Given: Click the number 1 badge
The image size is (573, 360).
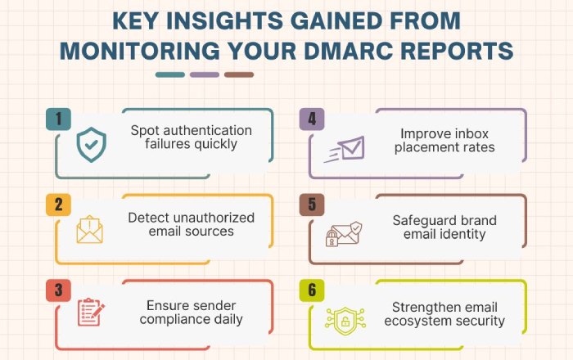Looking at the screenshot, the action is pos(58,119).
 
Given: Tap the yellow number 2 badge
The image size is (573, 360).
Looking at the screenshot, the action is pos(58,205).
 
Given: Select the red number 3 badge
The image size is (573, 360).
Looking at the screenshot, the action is pos(58,290).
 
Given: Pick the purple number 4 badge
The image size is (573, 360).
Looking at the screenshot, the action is pos(312,119).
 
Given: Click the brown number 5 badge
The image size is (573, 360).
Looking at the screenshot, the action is pos(312,205).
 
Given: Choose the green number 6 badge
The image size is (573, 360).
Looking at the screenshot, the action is pos(312,290).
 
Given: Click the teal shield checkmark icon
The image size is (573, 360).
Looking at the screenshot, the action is pos(92,145).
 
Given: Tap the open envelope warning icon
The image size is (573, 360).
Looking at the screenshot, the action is pos(89,229).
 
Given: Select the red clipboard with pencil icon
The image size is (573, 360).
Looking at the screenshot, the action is pos(91,312).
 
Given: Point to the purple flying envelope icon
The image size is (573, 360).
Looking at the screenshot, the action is pos(345,149).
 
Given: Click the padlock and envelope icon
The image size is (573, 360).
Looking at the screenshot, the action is pos(344,234).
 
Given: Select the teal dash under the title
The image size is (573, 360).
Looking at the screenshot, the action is pos(170,74).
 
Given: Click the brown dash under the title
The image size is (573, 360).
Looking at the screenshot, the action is pos(239,74).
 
